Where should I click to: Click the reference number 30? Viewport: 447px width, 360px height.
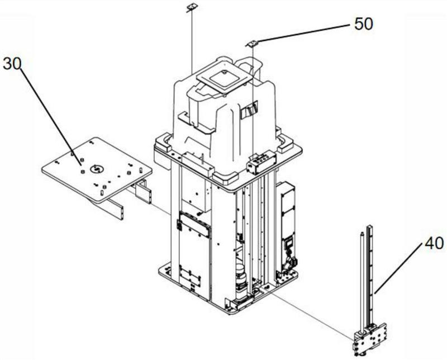[x=12, y=64]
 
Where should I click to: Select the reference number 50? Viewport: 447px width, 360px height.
[x=364, y=24]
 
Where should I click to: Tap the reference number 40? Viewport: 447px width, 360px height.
[x=434, y=244]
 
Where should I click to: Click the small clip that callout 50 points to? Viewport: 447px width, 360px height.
[x=252, y=44]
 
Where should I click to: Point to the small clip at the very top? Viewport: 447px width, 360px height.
[x=192, y=7]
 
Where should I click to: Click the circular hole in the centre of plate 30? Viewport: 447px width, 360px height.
[x=96, y=169]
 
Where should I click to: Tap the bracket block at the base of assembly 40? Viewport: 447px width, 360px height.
[x=370, y=340]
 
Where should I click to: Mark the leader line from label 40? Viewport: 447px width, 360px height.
[x=398, y=268]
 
